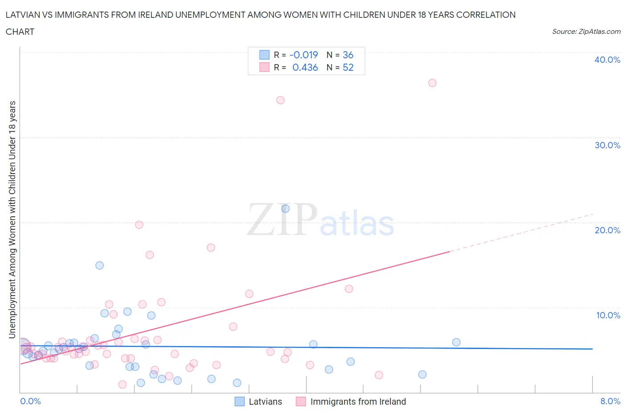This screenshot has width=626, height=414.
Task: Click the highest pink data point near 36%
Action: coord(432,83)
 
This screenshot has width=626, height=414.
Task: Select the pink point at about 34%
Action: coord(280,100)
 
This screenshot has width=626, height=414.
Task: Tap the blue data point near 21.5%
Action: coord(285,208)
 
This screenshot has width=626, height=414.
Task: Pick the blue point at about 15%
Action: coord(99,265)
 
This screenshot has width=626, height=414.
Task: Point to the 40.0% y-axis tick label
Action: coord(607,60)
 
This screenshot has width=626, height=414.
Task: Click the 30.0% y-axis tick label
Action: coord(607,145)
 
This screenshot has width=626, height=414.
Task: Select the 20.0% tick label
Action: coord(607,230)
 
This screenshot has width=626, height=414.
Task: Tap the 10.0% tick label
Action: coord(608,315)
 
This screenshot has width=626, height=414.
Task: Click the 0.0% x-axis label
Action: coord(30,401)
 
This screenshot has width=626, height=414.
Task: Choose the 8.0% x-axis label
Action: coord(610,401)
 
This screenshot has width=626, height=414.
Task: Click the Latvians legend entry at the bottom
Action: coord(265,402)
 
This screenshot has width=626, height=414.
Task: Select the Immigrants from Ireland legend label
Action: coord(358,402)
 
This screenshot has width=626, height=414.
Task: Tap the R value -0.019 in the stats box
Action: coord(304,55)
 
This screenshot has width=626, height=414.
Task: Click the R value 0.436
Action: coord(305,67)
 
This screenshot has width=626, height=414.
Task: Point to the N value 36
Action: coord(348,55)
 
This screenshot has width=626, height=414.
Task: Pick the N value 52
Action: coord(348,67)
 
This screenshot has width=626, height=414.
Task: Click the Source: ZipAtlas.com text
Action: coord(586,31)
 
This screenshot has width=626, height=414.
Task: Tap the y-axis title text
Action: coord(12,219)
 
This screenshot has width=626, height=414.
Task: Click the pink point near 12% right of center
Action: coord(349,289)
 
